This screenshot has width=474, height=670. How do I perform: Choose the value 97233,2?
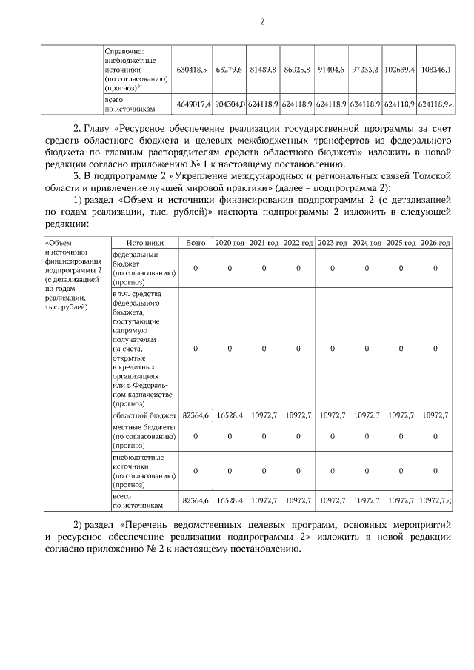pyautogui.click(x=365, y=69)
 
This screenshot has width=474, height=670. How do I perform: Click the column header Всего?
pyautogui.click(x=196, y=243)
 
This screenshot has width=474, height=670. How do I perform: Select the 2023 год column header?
pyautogui.click(x=332, y=243)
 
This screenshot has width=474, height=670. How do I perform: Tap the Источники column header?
pyautogui.click(x=144, y=243)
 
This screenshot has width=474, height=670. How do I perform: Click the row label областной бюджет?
pyautogui.click(x=144, y=416)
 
